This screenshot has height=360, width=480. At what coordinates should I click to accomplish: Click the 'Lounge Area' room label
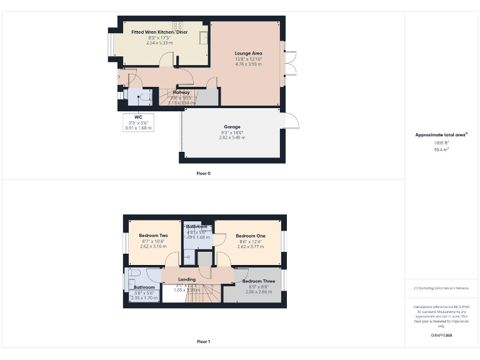(248, 54)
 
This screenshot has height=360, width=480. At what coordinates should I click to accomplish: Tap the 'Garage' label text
(232, 127)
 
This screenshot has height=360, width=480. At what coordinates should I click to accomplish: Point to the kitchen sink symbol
(204, 38)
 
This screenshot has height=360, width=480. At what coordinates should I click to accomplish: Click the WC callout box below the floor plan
(139, 122)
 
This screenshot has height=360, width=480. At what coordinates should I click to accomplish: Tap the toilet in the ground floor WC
(131, 96)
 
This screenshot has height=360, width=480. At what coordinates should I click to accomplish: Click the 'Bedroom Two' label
(153, 236)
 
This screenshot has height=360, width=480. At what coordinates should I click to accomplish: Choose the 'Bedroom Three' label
(258, 281)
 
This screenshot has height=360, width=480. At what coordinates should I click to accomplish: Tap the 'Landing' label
(187, 279)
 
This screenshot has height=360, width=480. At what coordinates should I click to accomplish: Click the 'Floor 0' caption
(203, 172)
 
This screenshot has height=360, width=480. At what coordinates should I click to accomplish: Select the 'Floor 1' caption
(203, 342)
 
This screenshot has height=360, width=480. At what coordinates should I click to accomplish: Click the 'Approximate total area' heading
(441, 135)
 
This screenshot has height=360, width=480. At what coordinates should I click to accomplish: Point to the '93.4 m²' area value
(441, 149)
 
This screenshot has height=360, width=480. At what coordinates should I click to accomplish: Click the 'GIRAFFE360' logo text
(441, 336)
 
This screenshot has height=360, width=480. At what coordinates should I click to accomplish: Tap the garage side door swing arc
(291, 120)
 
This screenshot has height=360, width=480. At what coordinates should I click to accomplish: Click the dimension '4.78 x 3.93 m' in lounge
(248, 64)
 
